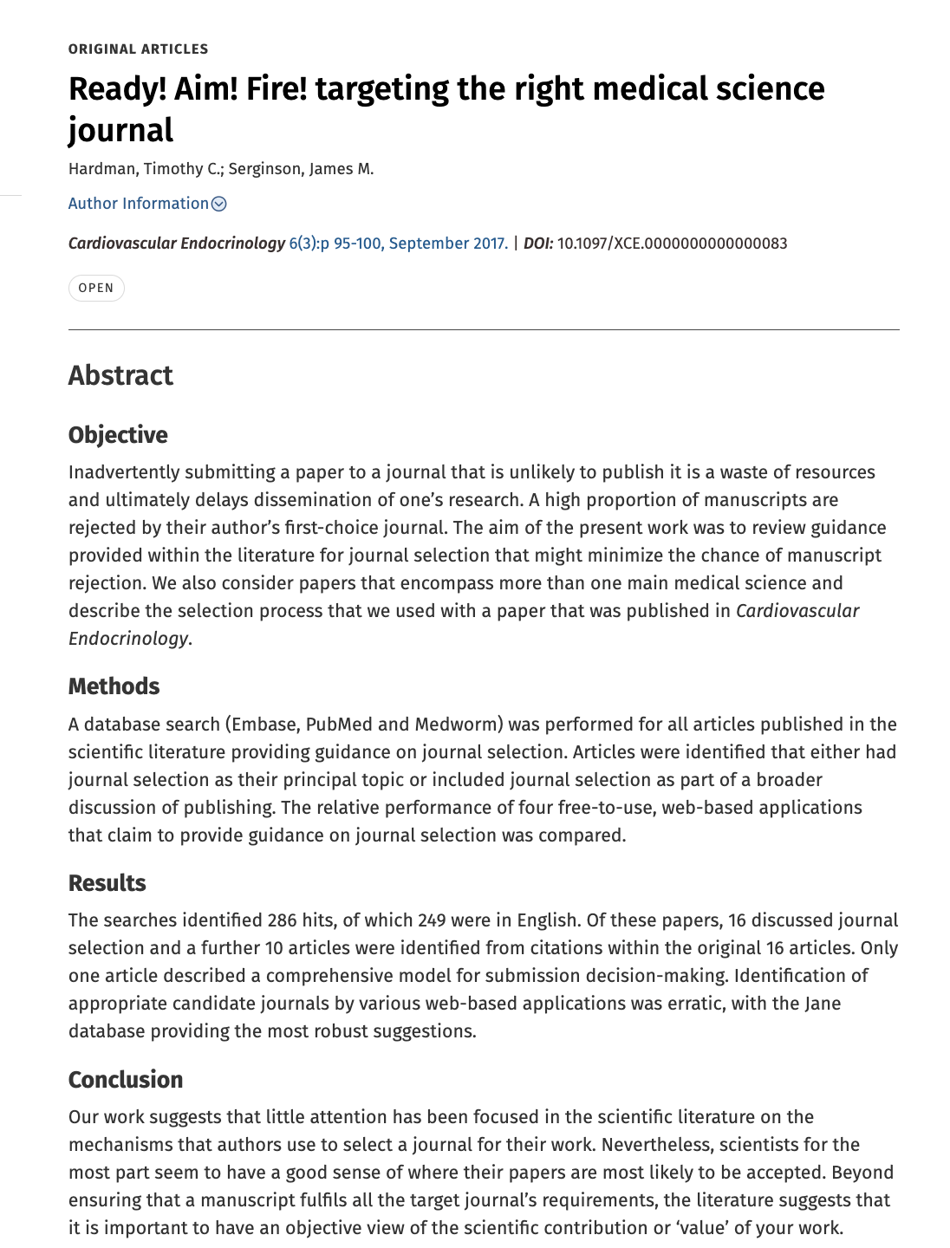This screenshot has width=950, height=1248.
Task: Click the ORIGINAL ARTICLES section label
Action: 138,49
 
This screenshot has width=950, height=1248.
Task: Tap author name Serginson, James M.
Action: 301,169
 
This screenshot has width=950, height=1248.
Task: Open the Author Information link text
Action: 138,204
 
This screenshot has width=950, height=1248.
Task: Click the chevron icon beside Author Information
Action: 219,204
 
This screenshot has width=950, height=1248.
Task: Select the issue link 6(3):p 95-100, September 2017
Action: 398,244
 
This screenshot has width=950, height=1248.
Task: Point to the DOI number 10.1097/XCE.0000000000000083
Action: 672,244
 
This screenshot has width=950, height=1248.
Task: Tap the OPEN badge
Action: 96,288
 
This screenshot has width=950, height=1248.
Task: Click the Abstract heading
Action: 120,375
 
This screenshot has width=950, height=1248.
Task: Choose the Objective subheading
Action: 118,435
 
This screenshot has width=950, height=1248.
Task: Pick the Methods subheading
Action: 114,686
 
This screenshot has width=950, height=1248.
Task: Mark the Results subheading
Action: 107,883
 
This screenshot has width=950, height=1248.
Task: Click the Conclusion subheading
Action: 126,1080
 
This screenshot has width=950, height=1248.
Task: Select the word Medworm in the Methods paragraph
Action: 456,725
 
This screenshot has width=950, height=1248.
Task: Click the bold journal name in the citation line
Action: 176,244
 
